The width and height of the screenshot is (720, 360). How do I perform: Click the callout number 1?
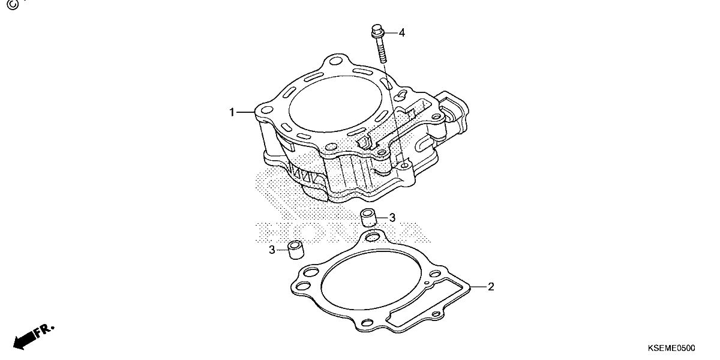pos(232,113)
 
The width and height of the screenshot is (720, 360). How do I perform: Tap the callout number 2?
pos(491,287)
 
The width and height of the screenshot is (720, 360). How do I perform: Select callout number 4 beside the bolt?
pos(402,33)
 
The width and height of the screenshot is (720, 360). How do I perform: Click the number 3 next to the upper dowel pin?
pos(392,218)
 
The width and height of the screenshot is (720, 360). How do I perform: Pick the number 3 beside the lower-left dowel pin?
pos(272,250)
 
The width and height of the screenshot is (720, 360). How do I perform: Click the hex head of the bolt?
pos(377,31)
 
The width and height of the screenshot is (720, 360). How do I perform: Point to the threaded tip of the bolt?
pos(383,61)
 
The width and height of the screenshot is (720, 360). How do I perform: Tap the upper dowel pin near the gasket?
pos(368,217)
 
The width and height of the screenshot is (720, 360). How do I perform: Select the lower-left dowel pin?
pos(296,249)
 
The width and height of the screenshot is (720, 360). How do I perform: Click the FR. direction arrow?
pos(33,337)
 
